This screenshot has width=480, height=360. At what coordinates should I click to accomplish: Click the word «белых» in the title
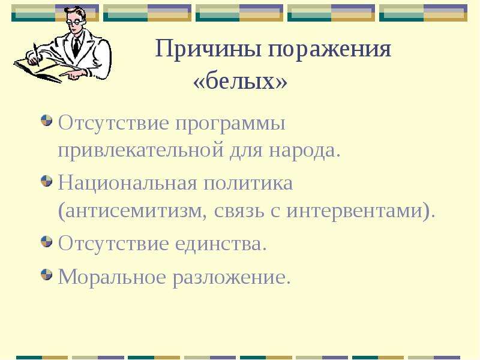(241, 82)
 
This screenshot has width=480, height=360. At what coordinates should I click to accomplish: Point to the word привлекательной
(140, 151)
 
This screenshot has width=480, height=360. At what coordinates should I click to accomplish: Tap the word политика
(248, 184)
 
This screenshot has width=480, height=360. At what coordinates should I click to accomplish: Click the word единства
(221, 244)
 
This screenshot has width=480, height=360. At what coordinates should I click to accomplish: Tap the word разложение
(232, 278)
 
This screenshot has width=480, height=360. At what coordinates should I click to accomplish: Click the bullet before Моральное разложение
(46, 274)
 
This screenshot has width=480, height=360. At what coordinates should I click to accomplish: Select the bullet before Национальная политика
(46, 181)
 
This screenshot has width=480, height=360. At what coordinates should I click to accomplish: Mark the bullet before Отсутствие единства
(46, 241)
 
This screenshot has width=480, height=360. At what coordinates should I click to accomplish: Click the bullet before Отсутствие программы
(46, 121)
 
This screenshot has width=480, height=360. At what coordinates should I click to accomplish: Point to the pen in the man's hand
(37, 55)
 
